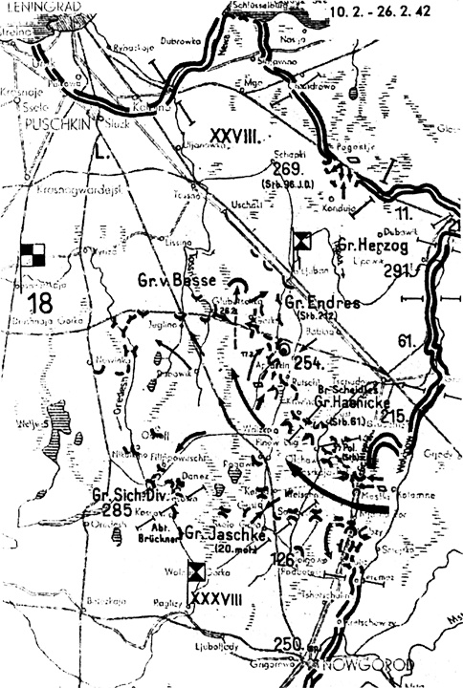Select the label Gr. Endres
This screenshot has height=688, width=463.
[x=322, y=303]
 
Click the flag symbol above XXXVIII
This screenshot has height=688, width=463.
[x=196, y=571]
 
